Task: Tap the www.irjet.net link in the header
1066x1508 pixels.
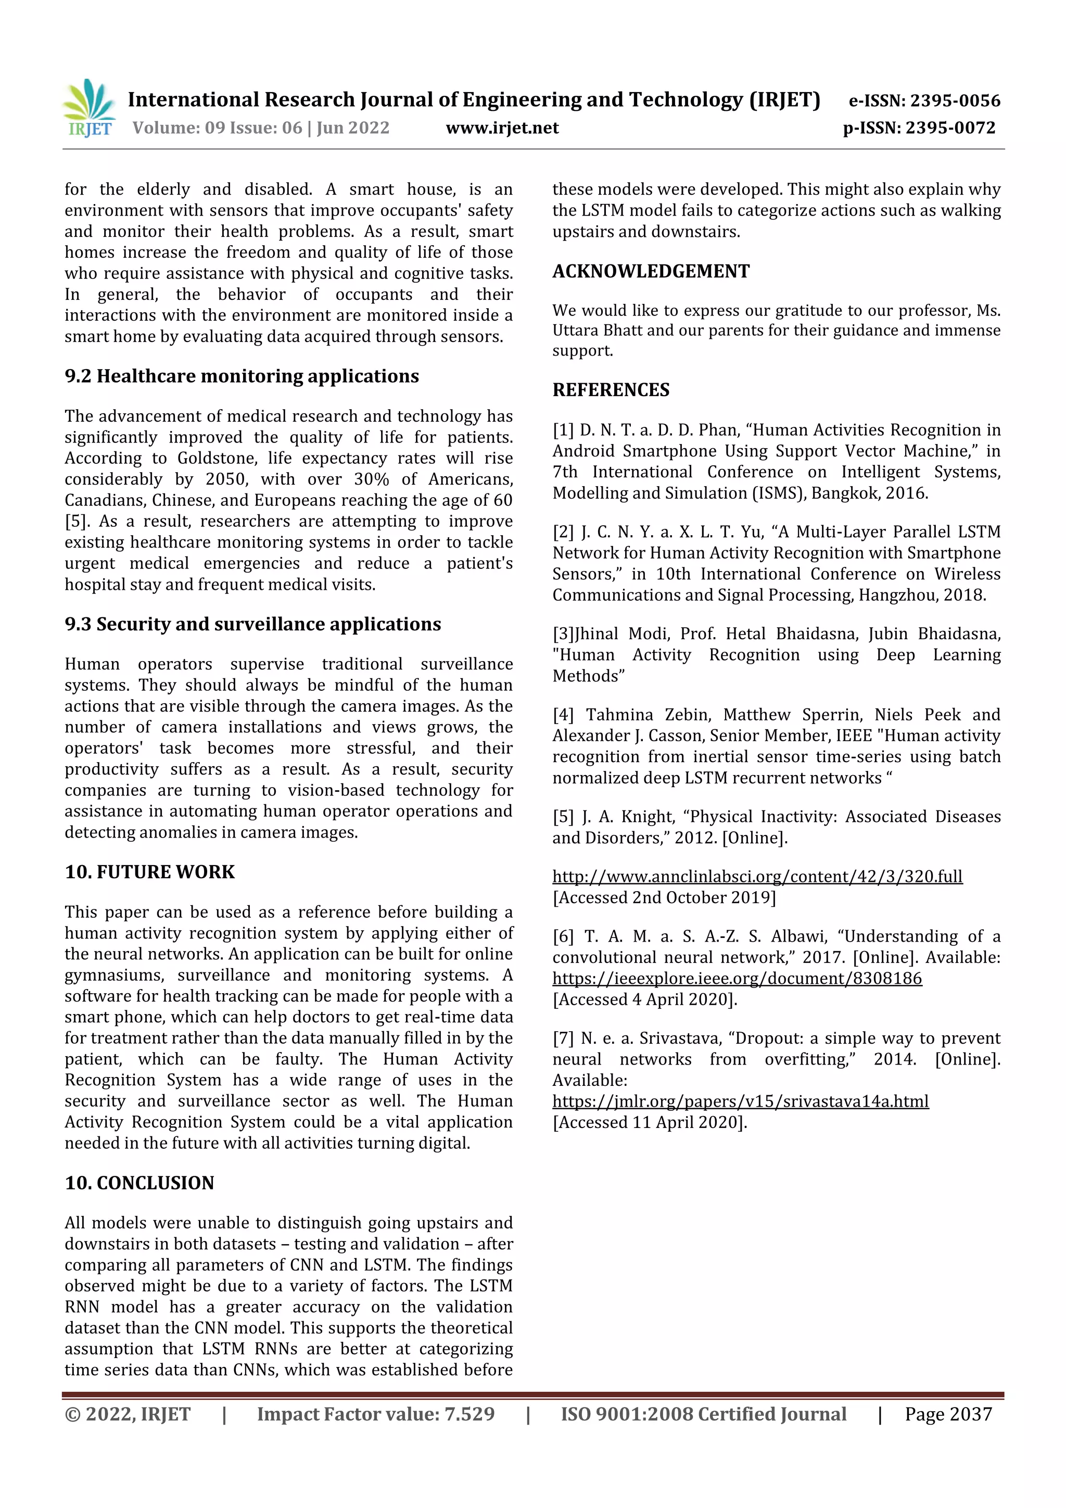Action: click(502, 128)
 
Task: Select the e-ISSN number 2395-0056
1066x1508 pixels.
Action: click(955, 100)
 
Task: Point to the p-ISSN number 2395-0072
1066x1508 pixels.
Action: click(950, 128)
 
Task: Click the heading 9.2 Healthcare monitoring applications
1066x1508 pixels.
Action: click(242, 376)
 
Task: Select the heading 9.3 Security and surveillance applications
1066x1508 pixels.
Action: click(253, 624)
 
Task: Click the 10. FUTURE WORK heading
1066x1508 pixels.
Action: click(150, 872)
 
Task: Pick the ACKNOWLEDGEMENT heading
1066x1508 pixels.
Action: click(651, 271)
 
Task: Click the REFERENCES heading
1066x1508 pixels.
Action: click(611, 390)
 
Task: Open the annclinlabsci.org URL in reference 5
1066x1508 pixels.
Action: click(757, 877)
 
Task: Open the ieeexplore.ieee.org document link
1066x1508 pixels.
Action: click(737, 979)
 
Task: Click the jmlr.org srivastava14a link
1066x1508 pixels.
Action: click(740, 1101)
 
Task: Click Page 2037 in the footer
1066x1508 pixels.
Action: click(948, 1414)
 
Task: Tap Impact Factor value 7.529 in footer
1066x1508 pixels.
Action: click(376, 1414)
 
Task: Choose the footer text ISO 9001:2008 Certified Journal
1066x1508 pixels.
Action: click(703, 1414)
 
